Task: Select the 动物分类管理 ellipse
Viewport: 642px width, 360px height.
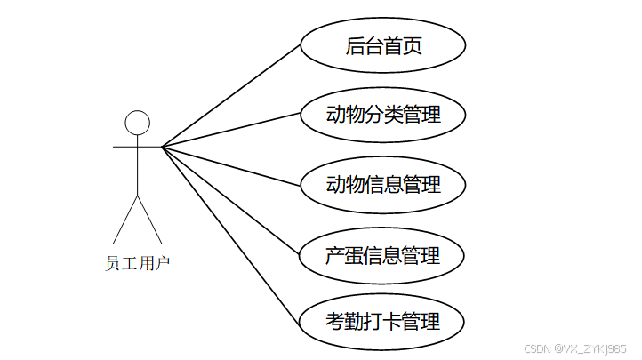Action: click(383, 114)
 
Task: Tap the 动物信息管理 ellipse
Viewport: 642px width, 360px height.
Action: click(383, 184)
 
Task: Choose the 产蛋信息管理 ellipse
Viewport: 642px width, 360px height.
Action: click(383, 255)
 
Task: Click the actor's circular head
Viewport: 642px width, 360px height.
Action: click(137, 123)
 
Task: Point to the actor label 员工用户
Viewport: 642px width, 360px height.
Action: click(137, 262)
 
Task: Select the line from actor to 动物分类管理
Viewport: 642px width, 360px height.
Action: click(231, 130)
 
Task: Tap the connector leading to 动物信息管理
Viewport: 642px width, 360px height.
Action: click(231, 165)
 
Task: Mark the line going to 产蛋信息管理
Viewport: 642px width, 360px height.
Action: click(231, 199)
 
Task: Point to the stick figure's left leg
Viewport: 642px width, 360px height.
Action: click(124, 220)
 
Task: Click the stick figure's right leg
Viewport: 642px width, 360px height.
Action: click(149, 220)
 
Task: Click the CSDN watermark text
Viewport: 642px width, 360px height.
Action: click(575, 348)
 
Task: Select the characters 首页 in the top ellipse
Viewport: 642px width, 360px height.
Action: click(403, 46)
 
